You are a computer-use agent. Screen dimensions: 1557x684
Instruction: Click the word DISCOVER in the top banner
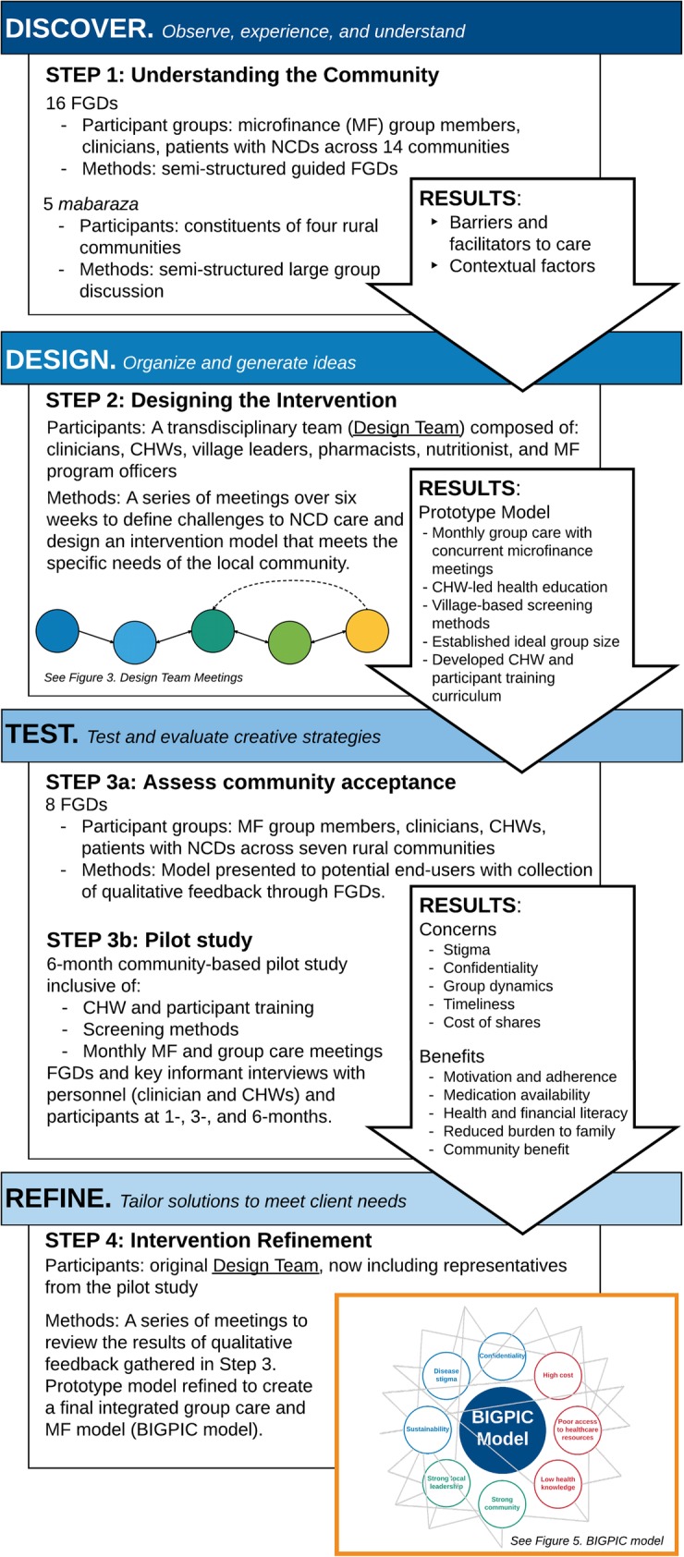point(79,28)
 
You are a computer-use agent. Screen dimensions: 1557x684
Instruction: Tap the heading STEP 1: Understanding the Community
point(242,75)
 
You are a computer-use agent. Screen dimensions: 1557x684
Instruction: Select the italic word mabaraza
point(88,203)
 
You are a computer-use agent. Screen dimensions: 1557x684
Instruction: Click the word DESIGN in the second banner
point(60,359)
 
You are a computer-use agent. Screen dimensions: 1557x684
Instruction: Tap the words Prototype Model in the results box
point(484,512)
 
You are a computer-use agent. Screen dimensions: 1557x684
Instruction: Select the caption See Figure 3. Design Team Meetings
point(143,677)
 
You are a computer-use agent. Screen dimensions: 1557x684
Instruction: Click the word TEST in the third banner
point(43,735)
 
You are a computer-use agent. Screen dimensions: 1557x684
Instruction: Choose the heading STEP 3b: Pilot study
point(149,940)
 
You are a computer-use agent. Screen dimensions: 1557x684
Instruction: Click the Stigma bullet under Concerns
point(467,950)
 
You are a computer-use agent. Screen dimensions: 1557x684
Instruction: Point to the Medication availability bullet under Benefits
point(516,1095)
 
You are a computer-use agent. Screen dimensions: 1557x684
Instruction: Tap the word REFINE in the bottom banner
point(58,1198)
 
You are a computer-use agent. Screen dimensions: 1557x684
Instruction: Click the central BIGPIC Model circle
point(503,1429)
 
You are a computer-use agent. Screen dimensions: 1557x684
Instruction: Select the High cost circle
point(557,1375)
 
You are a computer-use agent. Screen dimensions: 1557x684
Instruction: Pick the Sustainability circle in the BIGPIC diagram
point(427,1429)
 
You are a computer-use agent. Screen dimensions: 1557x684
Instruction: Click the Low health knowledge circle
point(558,1483)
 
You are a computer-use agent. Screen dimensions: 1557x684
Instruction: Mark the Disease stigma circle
point(446,1375)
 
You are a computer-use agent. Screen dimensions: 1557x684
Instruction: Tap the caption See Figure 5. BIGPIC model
point(586,1541)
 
